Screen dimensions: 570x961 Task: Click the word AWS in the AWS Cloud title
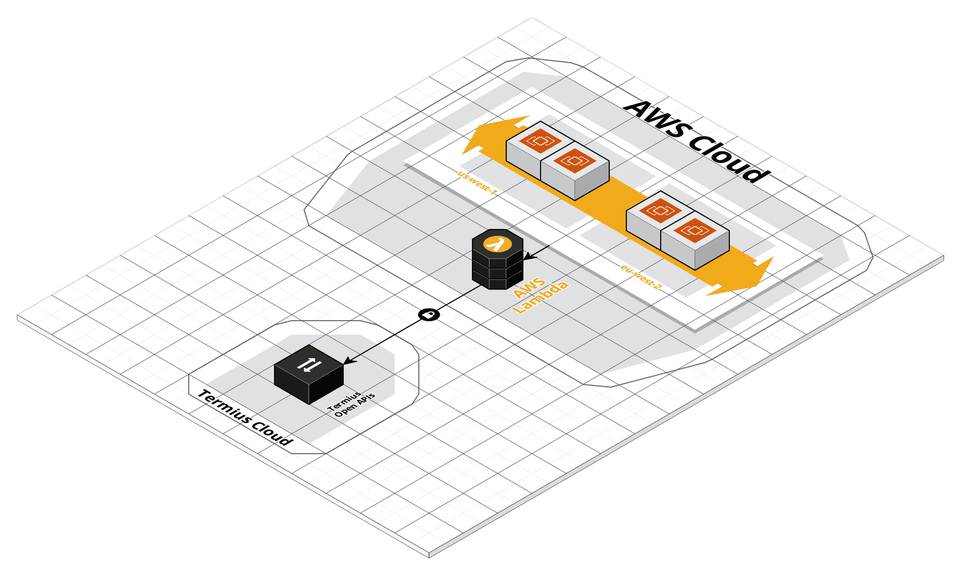[655, 122]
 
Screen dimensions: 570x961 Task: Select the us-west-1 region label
[477, 182]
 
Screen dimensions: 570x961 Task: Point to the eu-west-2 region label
[641, 277]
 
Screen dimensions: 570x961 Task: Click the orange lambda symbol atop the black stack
[497, 243]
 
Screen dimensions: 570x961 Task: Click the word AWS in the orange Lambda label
[529, 287]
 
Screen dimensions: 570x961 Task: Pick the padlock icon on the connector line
[428, 314]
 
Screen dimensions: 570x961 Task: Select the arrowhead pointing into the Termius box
[348, 361]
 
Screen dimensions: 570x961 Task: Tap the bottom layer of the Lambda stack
[497, 280]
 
